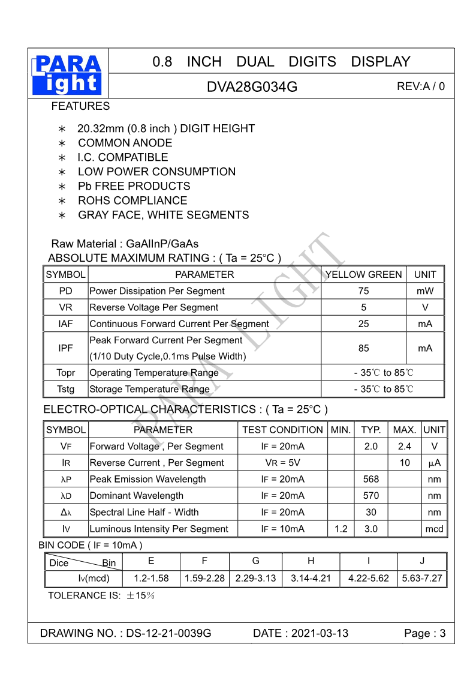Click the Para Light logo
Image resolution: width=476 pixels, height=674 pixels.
pyautogui.click(x=68, y=74)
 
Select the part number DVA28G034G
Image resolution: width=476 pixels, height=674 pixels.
pyautogui.click(x=252, y=86)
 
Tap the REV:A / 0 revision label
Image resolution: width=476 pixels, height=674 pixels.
pyautogui.click(x=421, y=86)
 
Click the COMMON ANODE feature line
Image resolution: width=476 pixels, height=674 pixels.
pyautogui.click(x=125, y=143)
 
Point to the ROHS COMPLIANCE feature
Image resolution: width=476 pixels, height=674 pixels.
pyautogui.click(x=132, y=200)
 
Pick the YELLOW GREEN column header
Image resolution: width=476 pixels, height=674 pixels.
pyautogui.click(x=363, y=274)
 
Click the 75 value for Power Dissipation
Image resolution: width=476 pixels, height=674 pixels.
pyautogui.click(x=363, y=291)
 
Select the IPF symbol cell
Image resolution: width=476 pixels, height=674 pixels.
pyautogui.click(x=65, y=348)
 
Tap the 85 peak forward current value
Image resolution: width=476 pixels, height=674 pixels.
pyautogui.click(x=363, y=348)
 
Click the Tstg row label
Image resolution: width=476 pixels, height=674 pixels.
pyautogui.click(x=65, y=389)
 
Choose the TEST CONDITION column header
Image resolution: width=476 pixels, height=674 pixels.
pyautogui.click(x=282, y=430)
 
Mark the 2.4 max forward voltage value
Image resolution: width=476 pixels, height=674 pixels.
pyautogui.click(x=405, y=447)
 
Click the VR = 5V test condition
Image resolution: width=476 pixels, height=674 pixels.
pyautogui.click(x=282, y=463)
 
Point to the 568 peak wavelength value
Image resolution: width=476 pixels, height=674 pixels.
pyautogui.click(x=371, y=480)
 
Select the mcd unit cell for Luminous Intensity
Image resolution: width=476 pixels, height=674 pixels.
pyautogui.click(x=434, y=529)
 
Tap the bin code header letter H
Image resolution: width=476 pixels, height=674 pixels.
pyautogui.click(x=311, y=561)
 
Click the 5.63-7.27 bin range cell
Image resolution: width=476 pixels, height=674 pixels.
pyautogui.click(x=422, y=579)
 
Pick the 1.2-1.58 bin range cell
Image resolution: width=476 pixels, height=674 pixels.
pyautogui.click(x=151, y=579)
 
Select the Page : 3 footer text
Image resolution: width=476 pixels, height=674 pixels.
pyautogui.click(x=425, y=633)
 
